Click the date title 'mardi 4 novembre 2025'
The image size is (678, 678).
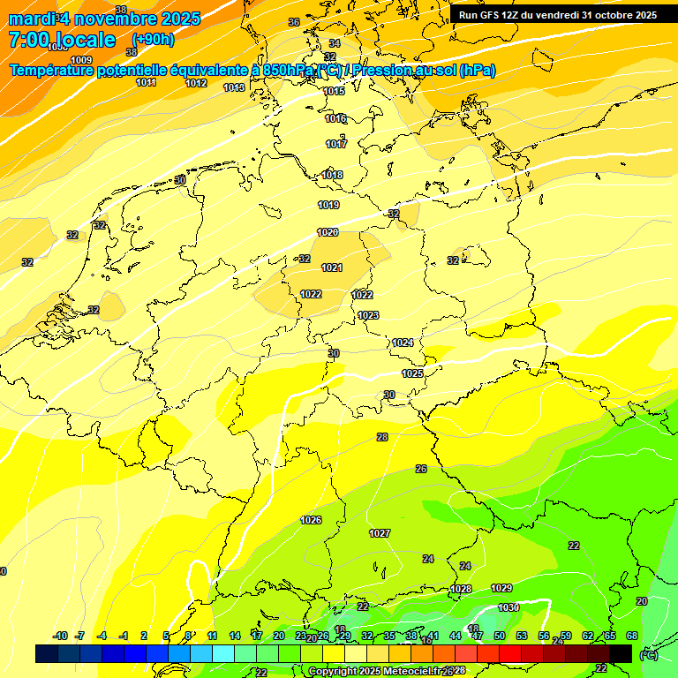105,19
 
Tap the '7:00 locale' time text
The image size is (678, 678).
62,40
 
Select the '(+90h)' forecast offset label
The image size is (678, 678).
153,40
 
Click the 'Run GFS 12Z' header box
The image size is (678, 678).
557,15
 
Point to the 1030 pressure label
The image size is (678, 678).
508,607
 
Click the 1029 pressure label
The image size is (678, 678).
501,588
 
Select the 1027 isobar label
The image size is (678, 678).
380,533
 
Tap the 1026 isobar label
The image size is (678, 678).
311,520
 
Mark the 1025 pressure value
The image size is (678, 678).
412,373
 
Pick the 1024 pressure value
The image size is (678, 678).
403,343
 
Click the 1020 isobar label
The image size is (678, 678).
328,232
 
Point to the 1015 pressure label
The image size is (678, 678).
334,91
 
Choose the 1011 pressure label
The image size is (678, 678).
147,82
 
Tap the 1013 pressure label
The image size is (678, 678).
234,87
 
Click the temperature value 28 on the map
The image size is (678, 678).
382,437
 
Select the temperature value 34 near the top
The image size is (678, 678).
334,43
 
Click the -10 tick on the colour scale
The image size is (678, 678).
60,636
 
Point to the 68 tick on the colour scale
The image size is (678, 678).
631,636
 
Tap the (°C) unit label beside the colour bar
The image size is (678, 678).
648,654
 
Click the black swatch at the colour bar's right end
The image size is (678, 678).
621,653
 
